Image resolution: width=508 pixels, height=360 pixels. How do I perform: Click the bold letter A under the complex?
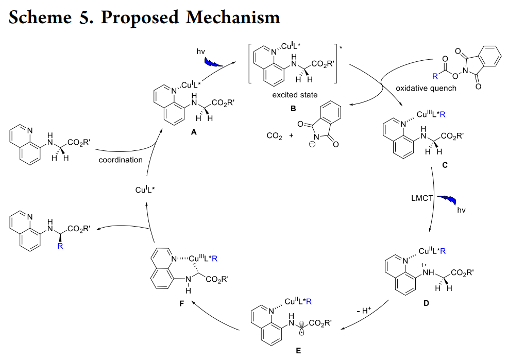tap(193, 132)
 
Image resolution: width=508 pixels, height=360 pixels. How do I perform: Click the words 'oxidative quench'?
tap(426, 88)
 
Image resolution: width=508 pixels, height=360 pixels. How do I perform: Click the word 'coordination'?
tap(121, 160)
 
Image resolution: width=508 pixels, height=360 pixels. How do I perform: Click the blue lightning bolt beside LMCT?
tap(447, 200)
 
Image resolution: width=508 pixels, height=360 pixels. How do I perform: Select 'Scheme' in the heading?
tap(40, 17)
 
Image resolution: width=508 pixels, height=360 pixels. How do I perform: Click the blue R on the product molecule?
tap(60, 246)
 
